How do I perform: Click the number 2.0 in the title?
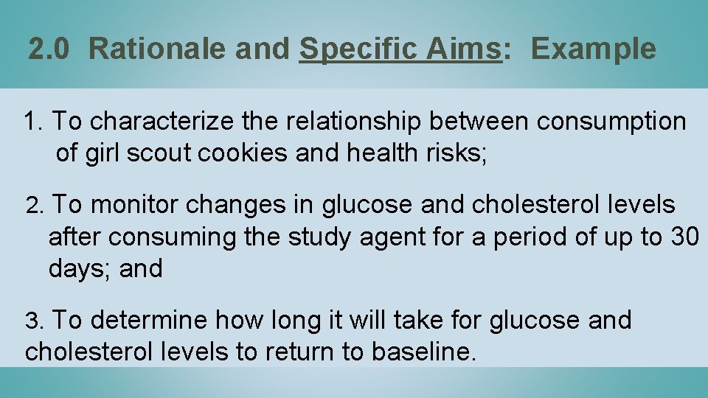coord(50,49)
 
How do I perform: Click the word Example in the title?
coord(593,49)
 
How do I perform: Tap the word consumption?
coord(611,121)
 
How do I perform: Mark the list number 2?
coord(33,204)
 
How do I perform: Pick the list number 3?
coord(35,321)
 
